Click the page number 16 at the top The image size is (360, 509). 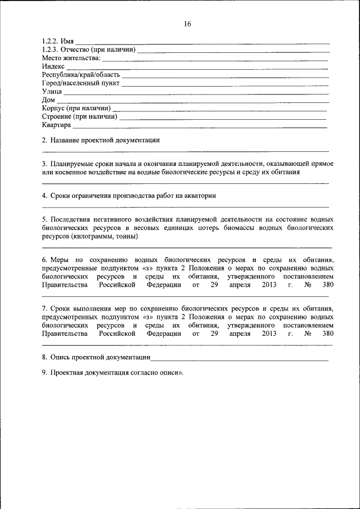pyautogui.click(x=187, y=24)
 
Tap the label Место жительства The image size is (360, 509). pyautogui.click(x=71, y=58)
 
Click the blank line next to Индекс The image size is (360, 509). pyautogui.click(x=197, y=68)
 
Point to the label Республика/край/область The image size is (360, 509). pyautogui.click(x=80, y=74)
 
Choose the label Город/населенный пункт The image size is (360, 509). pyautogui.click(x=80, y=83)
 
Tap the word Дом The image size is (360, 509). pyautogui.click(x=48, y=100)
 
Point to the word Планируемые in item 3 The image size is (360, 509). pyautogui.click(x=73, y=164)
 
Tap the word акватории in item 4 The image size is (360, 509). pyautogui.click(x=200, y=195)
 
